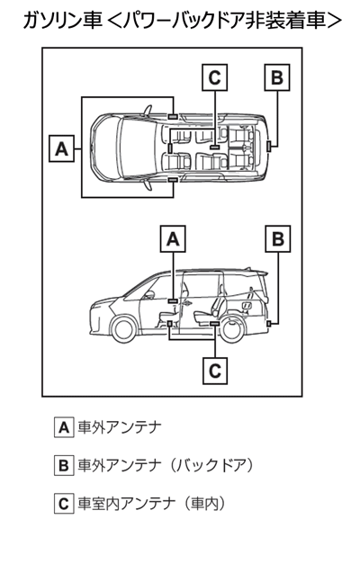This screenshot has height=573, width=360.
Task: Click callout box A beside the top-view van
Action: (62, 148)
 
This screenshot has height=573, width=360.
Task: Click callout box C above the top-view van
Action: (215, 77)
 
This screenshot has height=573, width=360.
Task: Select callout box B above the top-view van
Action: (277, 77)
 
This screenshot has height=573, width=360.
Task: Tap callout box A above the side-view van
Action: (173, 239)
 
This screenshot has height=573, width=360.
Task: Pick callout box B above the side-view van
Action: (278, 239)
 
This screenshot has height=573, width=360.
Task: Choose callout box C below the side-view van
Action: (215, 371)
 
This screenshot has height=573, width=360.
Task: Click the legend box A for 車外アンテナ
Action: (64, 427)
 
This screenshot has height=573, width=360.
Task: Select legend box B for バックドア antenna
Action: (64, 466)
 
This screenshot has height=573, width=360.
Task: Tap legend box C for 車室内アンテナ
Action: (64, 504)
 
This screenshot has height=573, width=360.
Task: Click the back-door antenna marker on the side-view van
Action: (269, 324)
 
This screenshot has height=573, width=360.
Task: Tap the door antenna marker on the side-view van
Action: (173, 300)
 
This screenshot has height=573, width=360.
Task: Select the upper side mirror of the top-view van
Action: (148, 110)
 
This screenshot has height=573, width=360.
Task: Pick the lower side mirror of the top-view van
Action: (148, 185)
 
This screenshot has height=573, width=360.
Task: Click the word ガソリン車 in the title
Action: (62, 21)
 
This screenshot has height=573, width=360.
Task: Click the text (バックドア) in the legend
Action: (211, 466)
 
